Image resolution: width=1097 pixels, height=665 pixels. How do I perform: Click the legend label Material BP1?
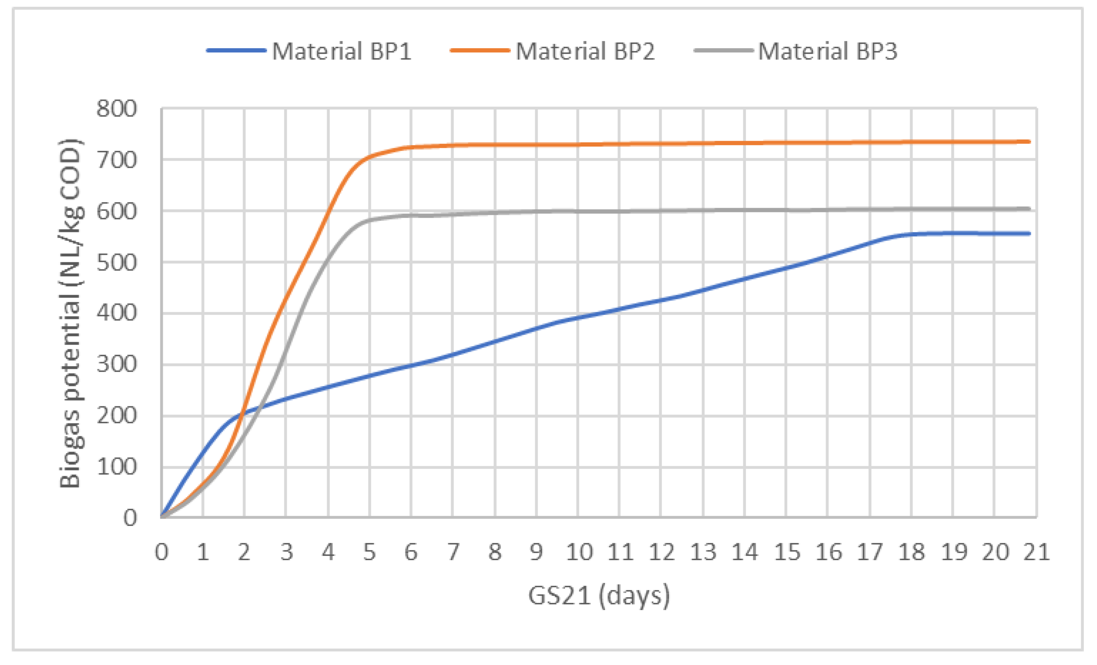[341, 51]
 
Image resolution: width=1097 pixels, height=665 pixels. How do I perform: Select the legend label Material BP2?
[585, 51]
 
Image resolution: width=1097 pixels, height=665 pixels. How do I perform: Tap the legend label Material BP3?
[827, 51]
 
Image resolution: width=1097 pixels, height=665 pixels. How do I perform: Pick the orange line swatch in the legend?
[480, 50]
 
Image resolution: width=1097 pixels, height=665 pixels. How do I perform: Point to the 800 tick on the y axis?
[117, 108]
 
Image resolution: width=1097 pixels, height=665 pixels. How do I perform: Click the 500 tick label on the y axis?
[117, 262]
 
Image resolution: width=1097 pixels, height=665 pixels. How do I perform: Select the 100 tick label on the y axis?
[117, 467]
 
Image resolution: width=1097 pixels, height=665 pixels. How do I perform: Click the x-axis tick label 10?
[579, 552]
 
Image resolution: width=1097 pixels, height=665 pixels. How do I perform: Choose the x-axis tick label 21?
[1036, 552]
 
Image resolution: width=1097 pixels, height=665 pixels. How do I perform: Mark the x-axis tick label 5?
[369, 552]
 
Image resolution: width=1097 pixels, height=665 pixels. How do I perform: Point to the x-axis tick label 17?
[869, 552]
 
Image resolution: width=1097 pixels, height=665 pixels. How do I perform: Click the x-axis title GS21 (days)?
[599, 596]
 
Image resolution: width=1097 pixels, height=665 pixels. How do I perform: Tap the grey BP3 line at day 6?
[411, 216]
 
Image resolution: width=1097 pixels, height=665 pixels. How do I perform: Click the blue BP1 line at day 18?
[911, 234]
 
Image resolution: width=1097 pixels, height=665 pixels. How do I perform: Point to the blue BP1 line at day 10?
[578, 318]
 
